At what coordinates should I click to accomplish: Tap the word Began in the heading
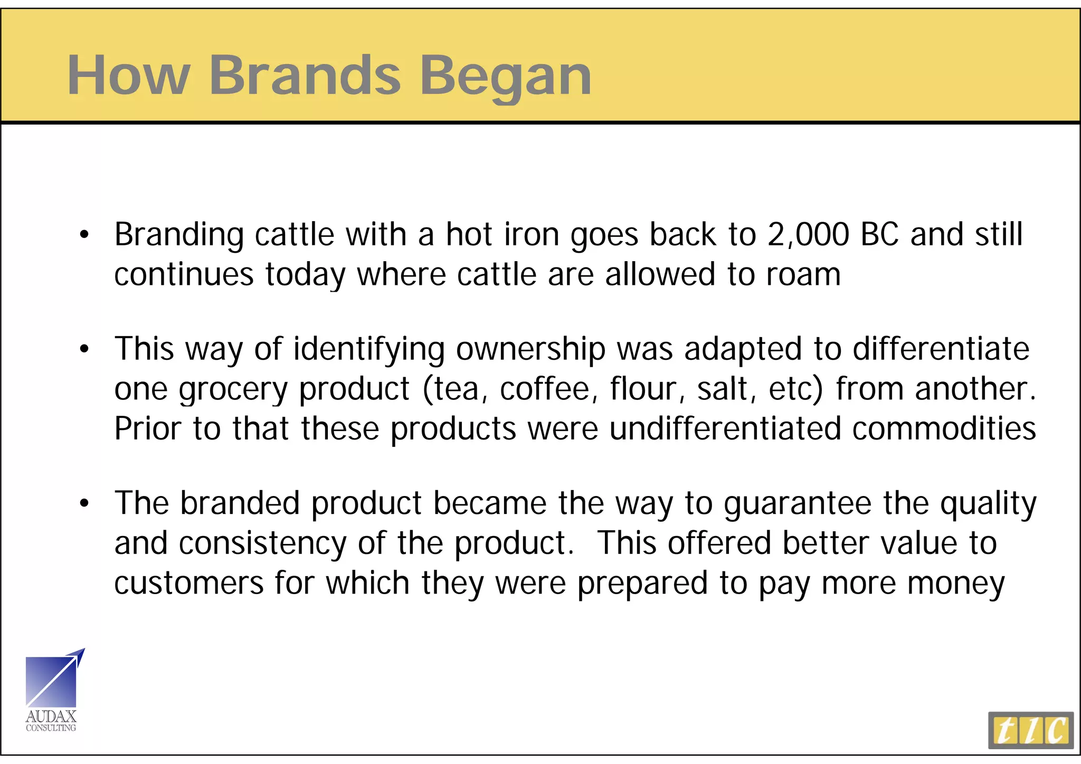[505, 77]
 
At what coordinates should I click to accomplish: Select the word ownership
[530, 349]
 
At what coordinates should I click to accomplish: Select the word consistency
[262, 544]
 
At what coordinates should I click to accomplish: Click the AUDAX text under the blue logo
[51, 717]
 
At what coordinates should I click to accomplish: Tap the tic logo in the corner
[1030, 730]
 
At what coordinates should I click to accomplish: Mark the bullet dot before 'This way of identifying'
[84, 350]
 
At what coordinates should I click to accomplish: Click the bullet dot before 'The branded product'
[84, 504]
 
